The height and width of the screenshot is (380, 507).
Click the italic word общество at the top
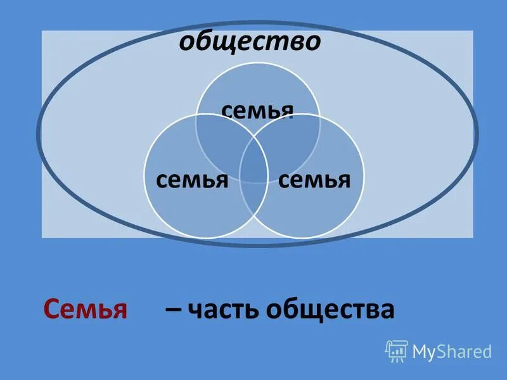pyautogui.click(x=250, y=42)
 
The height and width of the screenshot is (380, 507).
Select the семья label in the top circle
pyautogui.click(x=257, y=110)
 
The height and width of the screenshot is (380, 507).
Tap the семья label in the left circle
pyautogui.click(x=191, y=180)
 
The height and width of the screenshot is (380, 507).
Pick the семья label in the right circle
pyautogui.click(x=314, y=180)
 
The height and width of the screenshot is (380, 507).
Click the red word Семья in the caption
pyautogui.click(x=86, y=310)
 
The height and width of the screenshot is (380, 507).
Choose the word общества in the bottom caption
pyautogui.click(x=330, y=310)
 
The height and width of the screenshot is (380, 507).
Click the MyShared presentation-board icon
pyautogui.click(x=396, y=351)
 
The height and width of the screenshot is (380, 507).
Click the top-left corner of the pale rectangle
pyautogui.click(x=42, y=31)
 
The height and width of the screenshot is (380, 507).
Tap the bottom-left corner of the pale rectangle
pyautogui.click(x=42, y=237)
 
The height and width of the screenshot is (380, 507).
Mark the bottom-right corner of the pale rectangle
pyautogui.click(x=473, y=237)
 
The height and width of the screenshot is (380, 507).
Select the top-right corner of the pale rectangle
pyautogui.click(x=473, y=31)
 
